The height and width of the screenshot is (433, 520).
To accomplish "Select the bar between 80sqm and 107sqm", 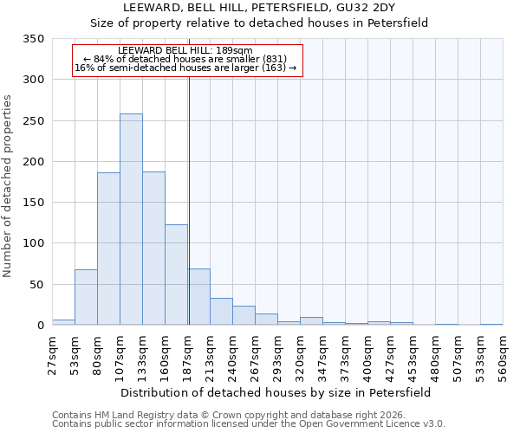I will [108, 249].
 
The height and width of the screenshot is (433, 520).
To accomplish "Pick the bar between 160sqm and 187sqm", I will [176, 275].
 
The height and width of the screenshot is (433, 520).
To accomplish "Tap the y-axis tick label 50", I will [36, 284].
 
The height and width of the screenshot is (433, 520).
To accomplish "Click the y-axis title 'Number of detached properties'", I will [8, 186].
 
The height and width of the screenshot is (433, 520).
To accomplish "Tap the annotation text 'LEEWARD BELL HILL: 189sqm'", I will [185, 50].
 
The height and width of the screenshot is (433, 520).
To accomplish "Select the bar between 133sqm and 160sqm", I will [153, 249].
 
